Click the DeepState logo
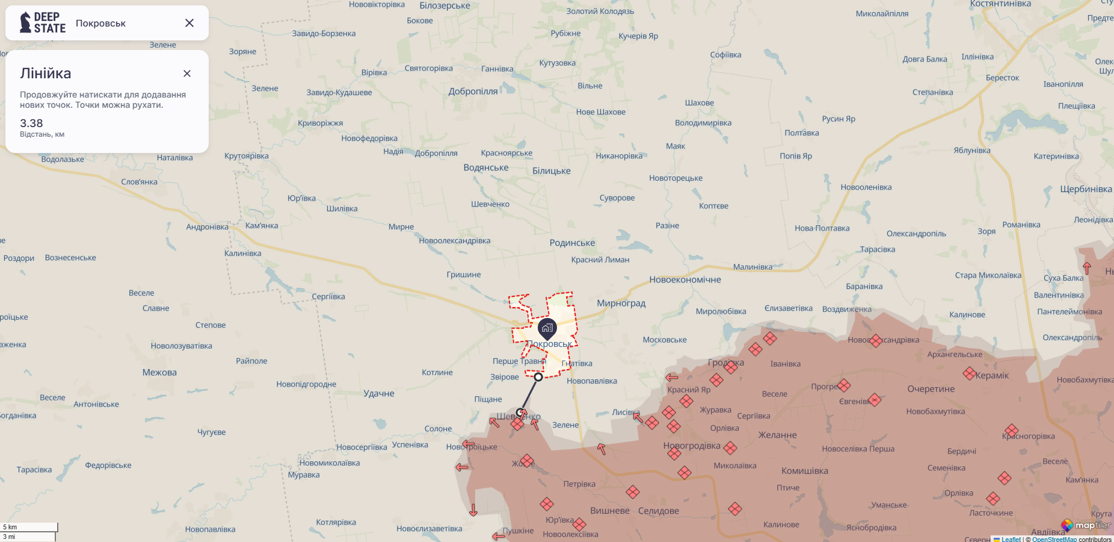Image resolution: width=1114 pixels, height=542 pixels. [42, 23]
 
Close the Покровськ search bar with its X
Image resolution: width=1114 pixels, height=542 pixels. [189, 23]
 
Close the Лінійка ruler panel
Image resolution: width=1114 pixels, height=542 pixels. [187, 73]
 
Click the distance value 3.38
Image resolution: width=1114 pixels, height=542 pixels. [31, 123]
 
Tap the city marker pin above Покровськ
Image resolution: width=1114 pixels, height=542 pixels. [547, 328]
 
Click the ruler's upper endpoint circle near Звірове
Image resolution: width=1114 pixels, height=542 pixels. [538, 377]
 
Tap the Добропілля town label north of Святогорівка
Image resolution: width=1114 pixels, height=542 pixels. [473, 92]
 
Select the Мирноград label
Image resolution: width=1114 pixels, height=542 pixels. [621, 304]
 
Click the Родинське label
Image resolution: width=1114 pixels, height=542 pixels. [572, 243]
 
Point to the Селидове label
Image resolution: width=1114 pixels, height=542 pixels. [658, 511]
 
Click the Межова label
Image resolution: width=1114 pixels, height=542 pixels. [159, 373]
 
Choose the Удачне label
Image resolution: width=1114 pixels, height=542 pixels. [379, 393]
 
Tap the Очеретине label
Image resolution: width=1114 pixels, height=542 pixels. [931, 389]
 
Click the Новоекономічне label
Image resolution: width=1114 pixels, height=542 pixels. [685, 279]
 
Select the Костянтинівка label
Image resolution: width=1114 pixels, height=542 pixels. [1000, 4]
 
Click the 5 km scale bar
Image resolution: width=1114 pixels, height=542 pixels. [29, 527]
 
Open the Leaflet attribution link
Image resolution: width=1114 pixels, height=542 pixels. [1011, 539]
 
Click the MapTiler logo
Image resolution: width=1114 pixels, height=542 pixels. [1086, 525]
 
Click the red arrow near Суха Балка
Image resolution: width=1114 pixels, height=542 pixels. [1086, 268]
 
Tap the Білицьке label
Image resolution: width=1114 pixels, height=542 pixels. [551, 171]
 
